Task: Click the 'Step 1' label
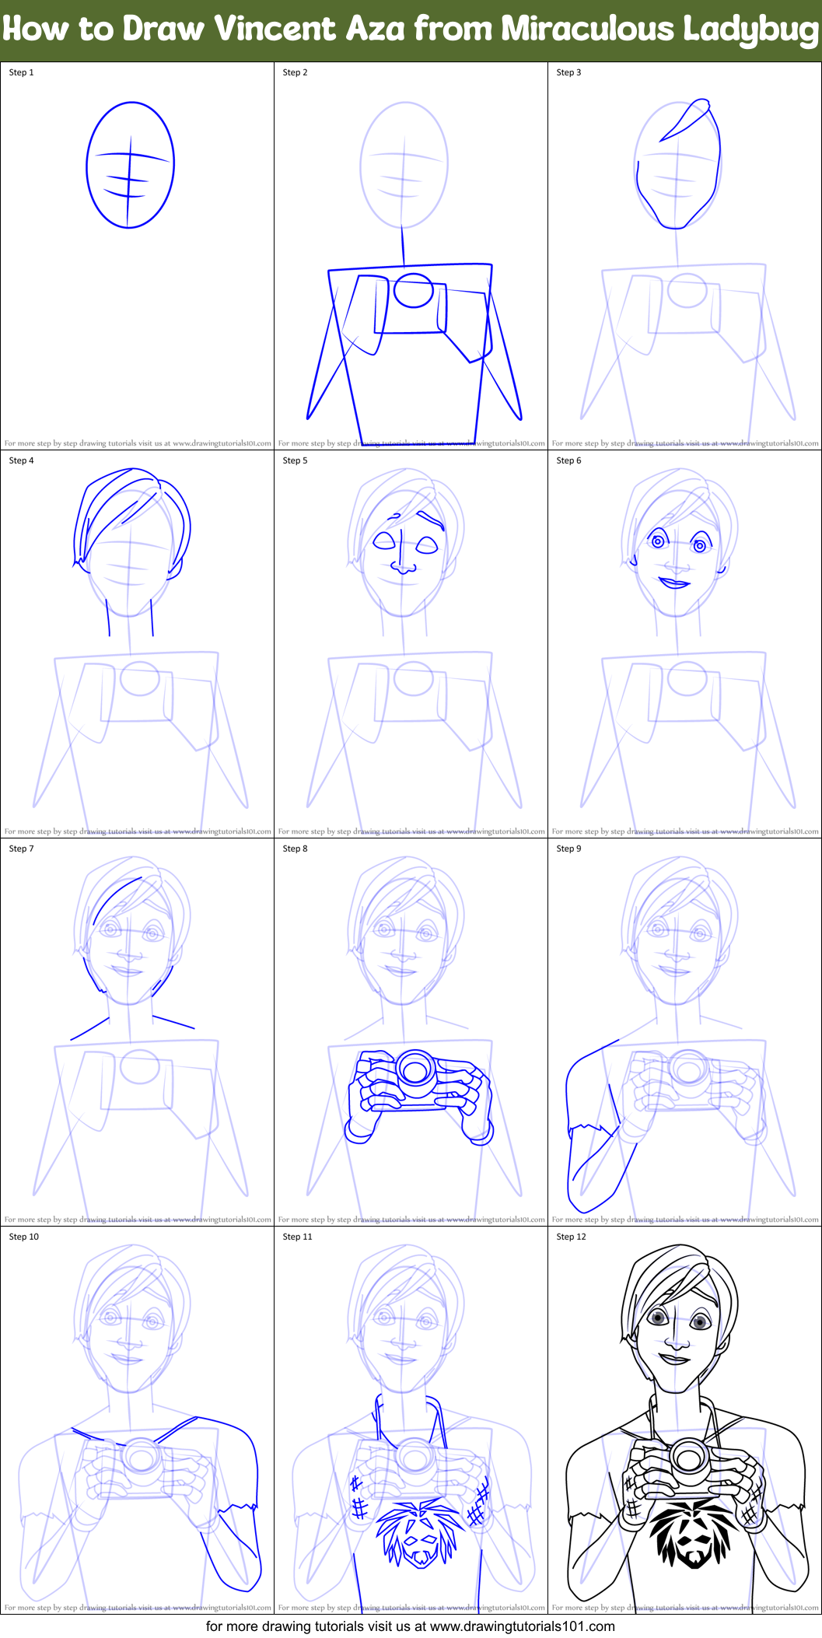tap(21, 72)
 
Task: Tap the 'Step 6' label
tap(568, 460)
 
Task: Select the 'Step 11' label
tap(297, 1237)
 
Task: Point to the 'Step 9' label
tap(568, 849)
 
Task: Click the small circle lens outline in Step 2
tap(413, 290)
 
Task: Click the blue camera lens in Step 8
tap(414, 1070)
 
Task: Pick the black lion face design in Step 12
tap(690, 1532)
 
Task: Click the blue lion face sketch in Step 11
tap(418, 1532)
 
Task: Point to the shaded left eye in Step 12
tap(658, 1317)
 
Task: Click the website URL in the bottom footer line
tap(522, 1626)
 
